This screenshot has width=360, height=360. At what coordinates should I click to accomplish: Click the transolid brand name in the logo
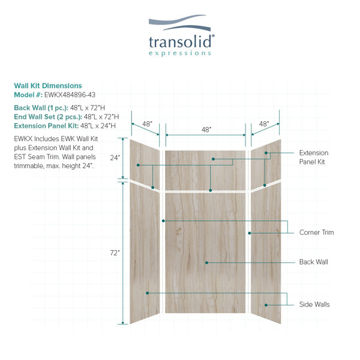[180, 41]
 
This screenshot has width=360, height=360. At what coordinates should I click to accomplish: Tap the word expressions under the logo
[180, 53]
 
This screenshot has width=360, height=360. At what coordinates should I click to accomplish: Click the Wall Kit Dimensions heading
[48, 86]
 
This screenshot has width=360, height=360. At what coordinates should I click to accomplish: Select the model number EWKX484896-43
[70, 95]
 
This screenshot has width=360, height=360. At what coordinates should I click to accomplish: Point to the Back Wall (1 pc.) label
[41, 107]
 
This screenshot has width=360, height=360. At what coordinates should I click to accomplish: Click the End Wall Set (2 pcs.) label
[48, 116]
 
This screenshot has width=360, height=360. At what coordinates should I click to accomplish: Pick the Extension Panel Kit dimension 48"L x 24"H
[98, 126]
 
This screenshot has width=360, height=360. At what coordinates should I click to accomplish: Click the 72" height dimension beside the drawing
[115, 253]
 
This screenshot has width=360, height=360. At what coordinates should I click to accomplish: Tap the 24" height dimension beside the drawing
[115, 158]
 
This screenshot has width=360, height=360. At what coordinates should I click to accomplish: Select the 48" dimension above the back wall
[206, 130]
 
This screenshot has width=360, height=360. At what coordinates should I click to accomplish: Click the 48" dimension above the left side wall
[147, 124]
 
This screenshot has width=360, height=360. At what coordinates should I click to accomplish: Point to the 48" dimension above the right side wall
[264, 124]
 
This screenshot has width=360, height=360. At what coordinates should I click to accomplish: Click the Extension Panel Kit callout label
[314, 157]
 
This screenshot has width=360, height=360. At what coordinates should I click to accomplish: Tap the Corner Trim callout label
[316, 232]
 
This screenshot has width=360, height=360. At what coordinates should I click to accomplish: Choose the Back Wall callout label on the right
[314, 262]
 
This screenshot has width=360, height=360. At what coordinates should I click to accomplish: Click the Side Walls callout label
[314, 304]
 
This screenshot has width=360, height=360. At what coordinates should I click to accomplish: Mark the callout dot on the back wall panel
[206, 262]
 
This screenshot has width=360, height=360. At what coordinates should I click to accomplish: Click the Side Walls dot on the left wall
[148, 293]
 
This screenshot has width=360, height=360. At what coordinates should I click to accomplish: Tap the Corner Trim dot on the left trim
[163, 221]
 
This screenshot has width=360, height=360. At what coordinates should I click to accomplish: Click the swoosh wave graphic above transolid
[180, 23]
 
